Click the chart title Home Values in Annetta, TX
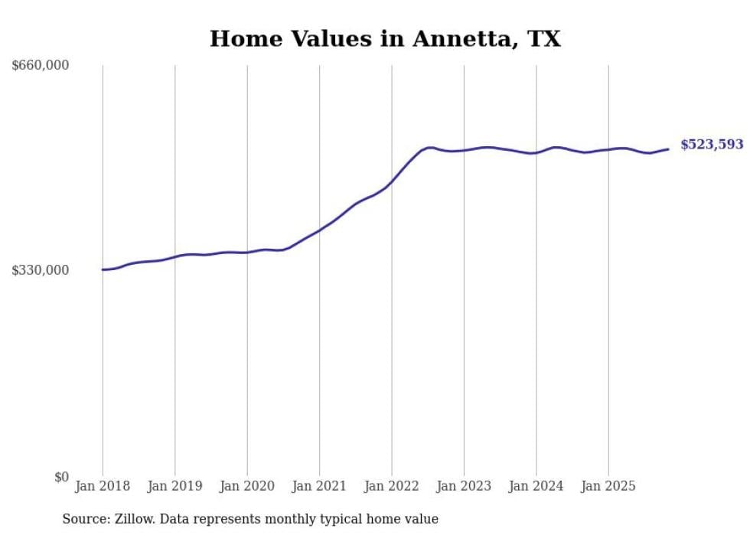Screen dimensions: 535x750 coord(385,38)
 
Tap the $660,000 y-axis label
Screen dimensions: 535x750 coord(41,66)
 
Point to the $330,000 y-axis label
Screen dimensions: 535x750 coord(41,270)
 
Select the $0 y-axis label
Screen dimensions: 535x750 coord(61,477)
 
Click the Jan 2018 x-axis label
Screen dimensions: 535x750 coord(103,486)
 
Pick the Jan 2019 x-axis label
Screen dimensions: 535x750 coord(175,486)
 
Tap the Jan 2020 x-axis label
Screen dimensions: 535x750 coord(247,486)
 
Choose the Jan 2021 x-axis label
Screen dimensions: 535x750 coord(320,486)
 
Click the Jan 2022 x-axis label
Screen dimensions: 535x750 coord(392,486)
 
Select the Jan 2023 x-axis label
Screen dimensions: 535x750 coord(464,486)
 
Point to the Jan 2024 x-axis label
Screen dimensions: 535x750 coord(536,486)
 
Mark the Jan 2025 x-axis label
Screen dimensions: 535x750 coord(608,486)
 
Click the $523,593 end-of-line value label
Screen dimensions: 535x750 coord(712,145)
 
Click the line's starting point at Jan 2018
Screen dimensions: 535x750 coord(103,269)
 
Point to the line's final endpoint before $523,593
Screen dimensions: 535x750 coord(669,149)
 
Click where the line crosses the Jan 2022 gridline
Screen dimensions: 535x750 coord(392,181)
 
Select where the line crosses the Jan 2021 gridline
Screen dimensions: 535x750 coord(320,230)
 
